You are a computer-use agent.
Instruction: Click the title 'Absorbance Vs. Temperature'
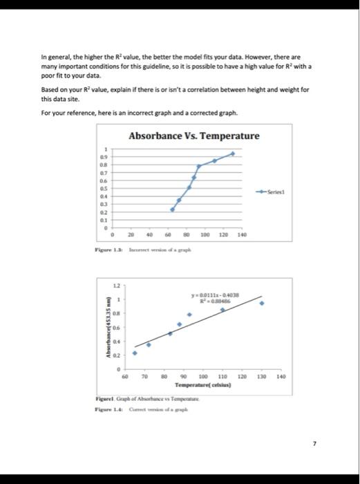pyautogui.click(x=194, y=136)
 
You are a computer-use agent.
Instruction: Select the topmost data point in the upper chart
pyautogui.click(x=233, y=153)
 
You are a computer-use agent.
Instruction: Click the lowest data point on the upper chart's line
pyautogui.click(x=173, y=210)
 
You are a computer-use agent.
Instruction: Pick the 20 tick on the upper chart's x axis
pyautogui.click(x=131, y=235)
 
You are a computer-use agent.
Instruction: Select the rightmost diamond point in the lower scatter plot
pyautogui.click(x=261, y=303)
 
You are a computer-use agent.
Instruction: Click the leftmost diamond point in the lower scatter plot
pyautogui.click(x=135, y=353)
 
